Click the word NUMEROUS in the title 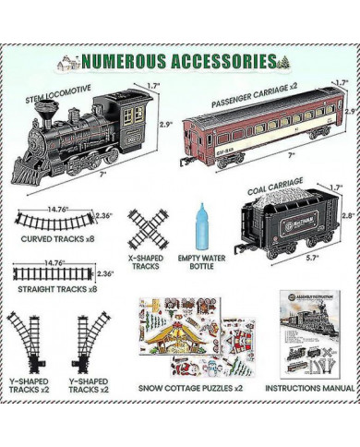click(x=127, y=62)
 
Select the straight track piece click(x=51, y=273)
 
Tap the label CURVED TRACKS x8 click(x=55, y=248)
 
